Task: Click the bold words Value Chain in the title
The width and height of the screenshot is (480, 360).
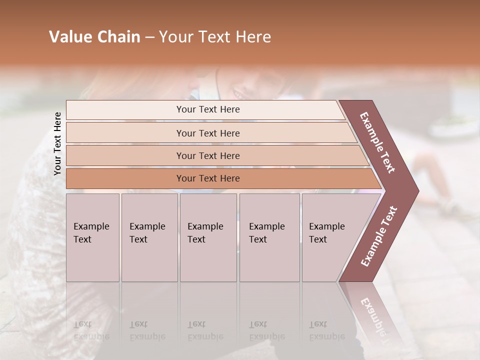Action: (94, 37)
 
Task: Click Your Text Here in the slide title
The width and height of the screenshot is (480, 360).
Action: (215, 37)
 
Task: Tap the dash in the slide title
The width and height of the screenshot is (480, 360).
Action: (149, 37)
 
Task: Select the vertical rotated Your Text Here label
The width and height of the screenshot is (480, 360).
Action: (57, 143)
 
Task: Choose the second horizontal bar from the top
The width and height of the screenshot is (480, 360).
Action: (207, 133)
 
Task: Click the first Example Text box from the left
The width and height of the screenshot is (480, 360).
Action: (92, 237)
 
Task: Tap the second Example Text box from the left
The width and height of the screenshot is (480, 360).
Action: (149, 237)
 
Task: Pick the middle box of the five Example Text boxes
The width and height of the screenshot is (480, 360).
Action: (208, 237)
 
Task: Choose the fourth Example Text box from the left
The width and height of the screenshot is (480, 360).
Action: (269, 237)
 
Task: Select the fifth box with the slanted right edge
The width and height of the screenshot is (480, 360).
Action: (330, 237)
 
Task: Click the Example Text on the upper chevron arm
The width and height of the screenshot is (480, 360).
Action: (378, 143)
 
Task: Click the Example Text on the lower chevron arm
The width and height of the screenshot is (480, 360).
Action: (379, 236)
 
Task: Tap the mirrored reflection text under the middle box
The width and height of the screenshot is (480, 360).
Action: (205, 330)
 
